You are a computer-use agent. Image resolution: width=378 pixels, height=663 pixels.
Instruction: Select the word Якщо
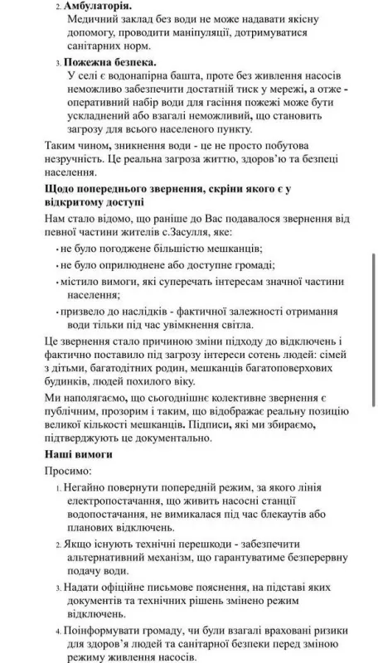click(x=78, y=548)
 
